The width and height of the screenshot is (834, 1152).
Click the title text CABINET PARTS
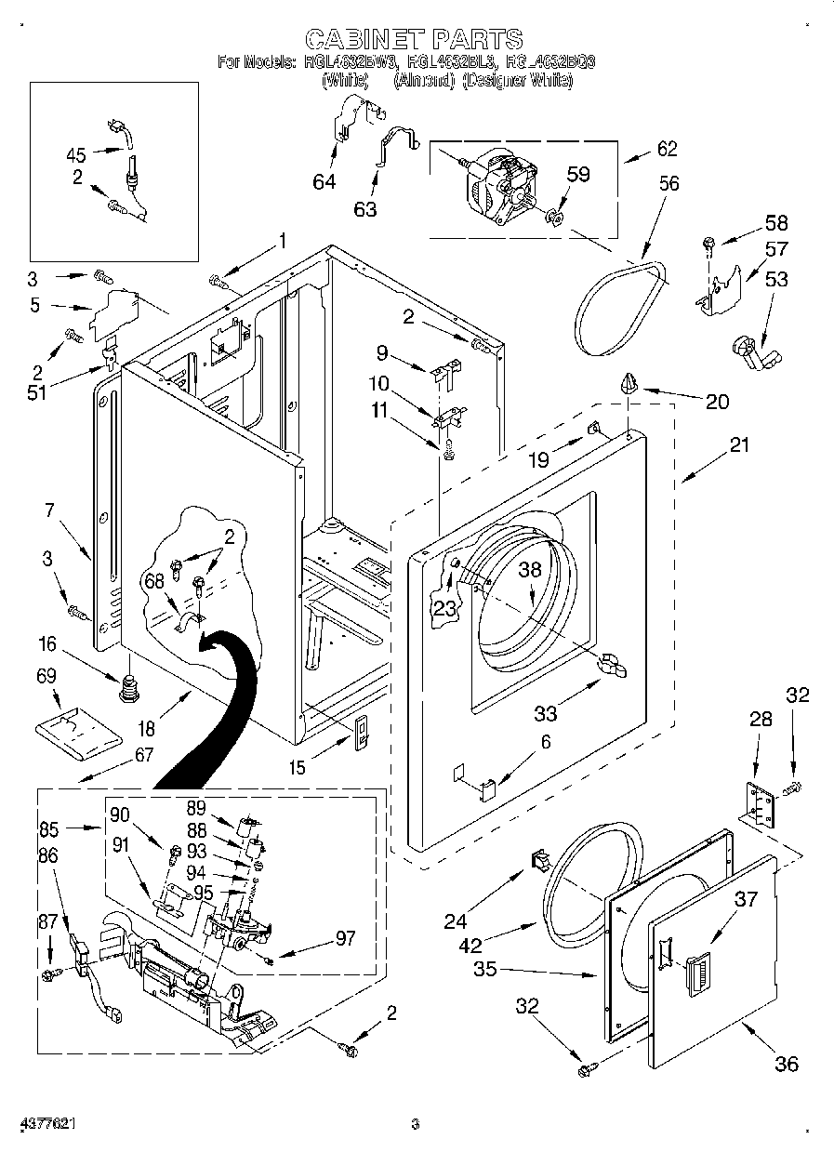click(x=414, y=39)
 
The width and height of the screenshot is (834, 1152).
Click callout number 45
click(x=76, y=155)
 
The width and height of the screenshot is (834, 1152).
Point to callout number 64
click(x=324, y=181)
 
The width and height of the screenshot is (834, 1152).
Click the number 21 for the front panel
click(x=739, y=445)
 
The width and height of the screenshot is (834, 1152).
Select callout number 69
click(x=46, y=676)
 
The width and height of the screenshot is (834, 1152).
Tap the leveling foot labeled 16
click(x=128, y=691)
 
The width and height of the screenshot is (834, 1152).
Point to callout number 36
click(x=787, y=1063)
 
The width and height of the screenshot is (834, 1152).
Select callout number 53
click(x=776, y=278)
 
